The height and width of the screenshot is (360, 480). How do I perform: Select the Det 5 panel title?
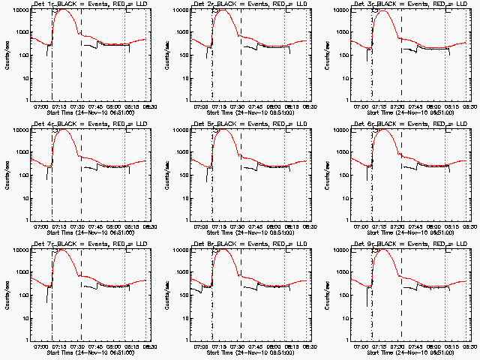tap(250, 124)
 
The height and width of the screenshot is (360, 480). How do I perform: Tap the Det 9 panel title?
tap(409, 244)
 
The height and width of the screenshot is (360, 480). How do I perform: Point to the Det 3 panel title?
tap(409, 4)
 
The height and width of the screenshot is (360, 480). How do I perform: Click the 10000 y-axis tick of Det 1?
tap(19, 10)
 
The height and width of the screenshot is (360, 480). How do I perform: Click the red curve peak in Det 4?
tap(63, 130)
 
